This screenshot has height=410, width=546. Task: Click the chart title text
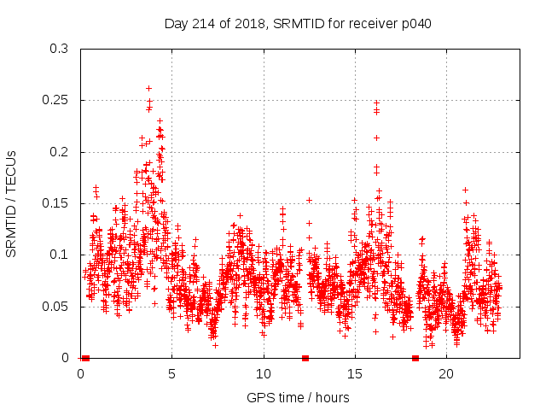click(x=297, y=23)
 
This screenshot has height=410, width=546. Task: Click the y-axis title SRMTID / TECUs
click(x=11, y=203)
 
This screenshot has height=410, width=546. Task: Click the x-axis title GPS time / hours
click(x=297, y=397)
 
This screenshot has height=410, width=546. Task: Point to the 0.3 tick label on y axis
click(x=59, y=50)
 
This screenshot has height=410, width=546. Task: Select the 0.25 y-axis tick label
click(x=55, y=101)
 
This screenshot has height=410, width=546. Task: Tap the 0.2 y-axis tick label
click(x=59, y=152)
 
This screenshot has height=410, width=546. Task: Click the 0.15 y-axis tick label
click(x=55, y=203)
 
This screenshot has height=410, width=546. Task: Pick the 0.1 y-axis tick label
click(x=59, y=255)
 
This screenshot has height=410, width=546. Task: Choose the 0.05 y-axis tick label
click(x=55, y=306)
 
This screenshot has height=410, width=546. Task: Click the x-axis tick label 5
click(x=172, y=374)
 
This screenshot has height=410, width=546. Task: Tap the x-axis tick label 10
click(x=264, y=374)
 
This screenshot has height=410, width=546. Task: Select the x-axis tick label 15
click(x=355, y=374)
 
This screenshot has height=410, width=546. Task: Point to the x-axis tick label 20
click(x=446, y=374)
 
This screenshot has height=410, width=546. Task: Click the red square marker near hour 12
click(x=305, y=358)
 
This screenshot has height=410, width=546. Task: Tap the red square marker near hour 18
click(x=415, y=358)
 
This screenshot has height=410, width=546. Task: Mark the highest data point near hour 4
click(x=148, y=88)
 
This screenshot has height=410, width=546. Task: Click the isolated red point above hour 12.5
click(x=309, y=200)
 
